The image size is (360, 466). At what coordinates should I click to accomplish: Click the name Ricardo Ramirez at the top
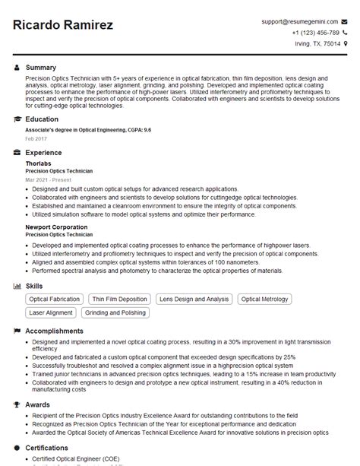(x=63, y=25)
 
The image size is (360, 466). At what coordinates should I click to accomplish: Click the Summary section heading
(x=41, y=68)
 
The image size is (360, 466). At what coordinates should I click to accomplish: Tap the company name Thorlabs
(x=39, y=163)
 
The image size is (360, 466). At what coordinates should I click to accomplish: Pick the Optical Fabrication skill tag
(x=54, y=300)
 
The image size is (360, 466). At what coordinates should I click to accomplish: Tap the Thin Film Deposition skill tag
(x=119, y=300)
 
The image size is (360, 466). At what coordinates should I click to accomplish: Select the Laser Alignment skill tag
(x=50, y=312)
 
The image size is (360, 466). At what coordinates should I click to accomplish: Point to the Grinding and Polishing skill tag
(x=115, y=312)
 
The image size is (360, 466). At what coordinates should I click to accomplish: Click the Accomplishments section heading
(x=55, y=331)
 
